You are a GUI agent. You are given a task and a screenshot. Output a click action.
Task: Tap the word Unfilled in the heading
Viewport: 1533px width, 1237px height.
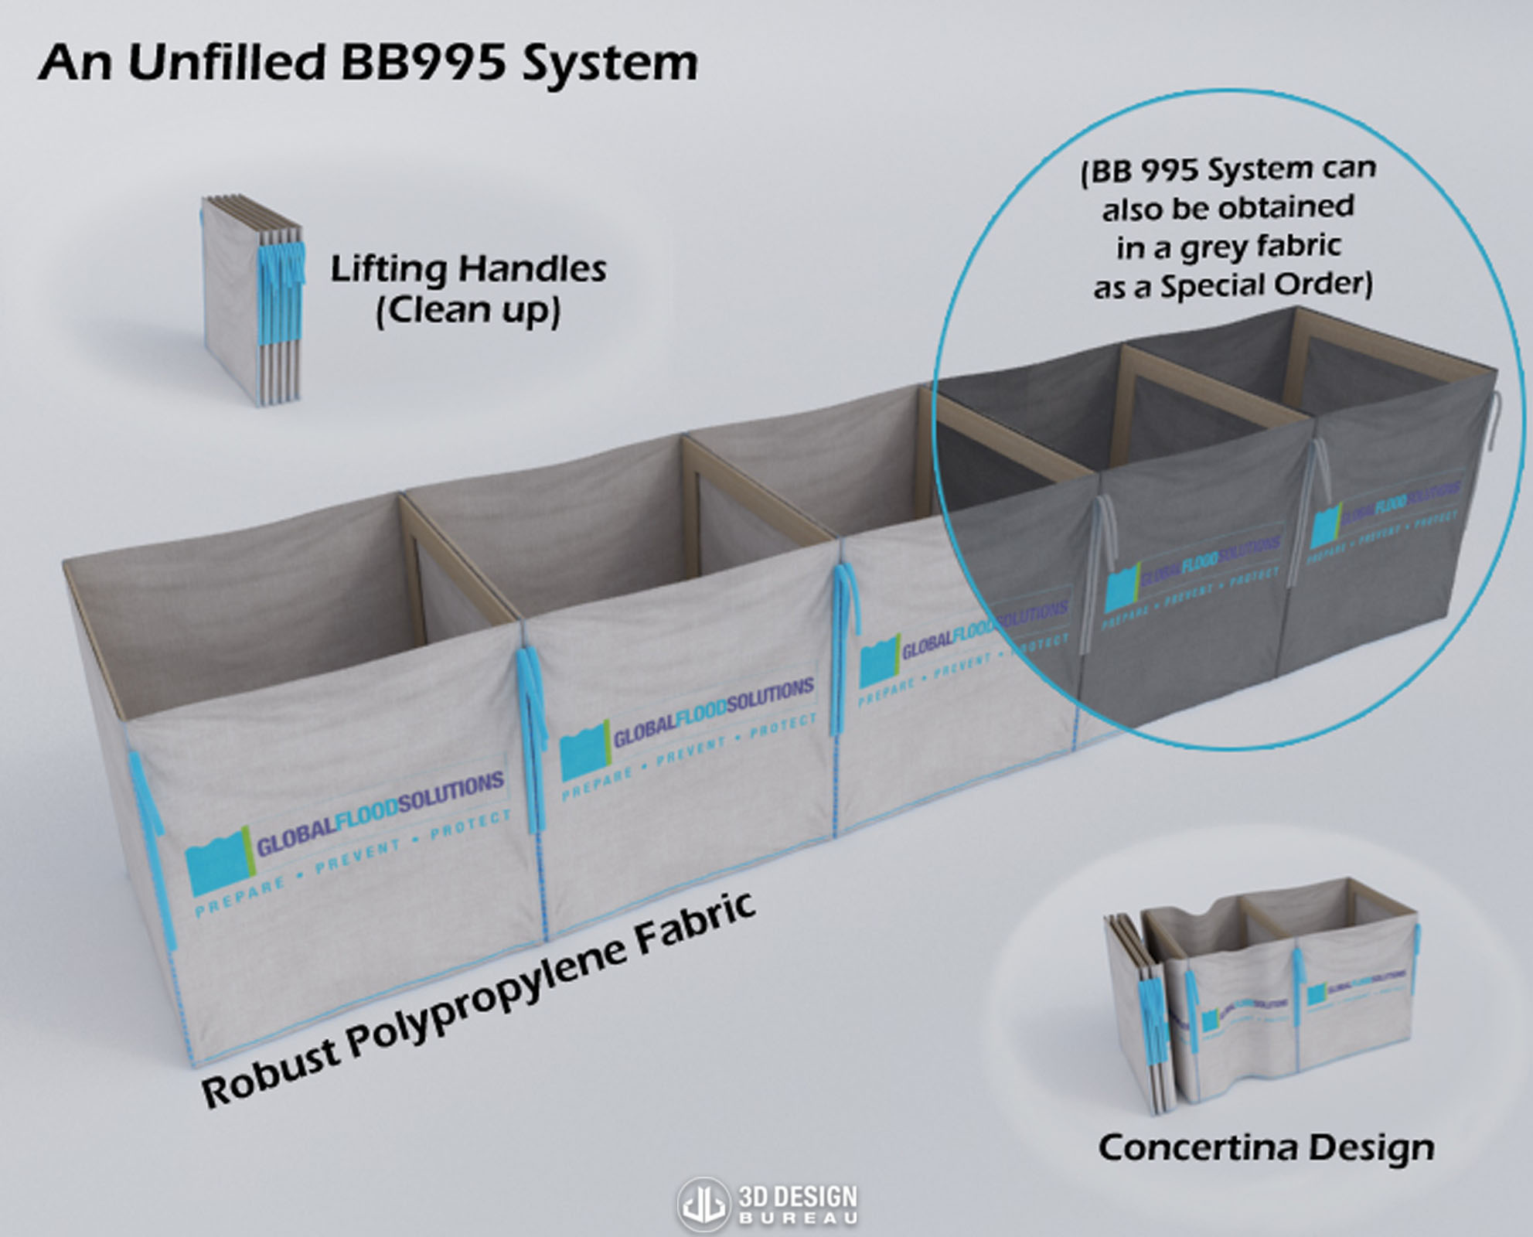(x=227, y=63)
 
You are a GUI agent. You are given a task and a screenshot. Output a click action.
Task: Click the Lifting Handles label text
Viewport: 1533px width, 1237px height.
(x=468, y=269)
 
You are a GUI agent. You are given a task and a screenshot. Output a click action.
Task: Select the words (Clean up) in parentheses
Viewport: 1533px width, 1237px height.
(x=468, y=311)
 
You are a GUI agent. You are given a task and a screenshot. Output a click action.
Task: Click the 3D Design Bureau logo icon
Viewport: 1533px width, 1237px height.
(x=703, y=1204)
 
